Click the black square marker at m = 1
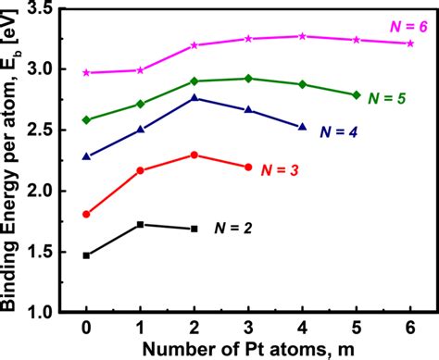(140, 224)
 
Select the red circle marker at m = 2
(194, 155)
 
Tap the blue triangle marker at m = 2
(194, 97)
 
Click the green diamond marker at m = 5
(357, 94)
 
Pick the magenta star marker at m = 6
(410, 43)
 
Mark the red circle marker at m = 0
(86, 214)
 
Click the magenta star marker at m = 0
(86, 72)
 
